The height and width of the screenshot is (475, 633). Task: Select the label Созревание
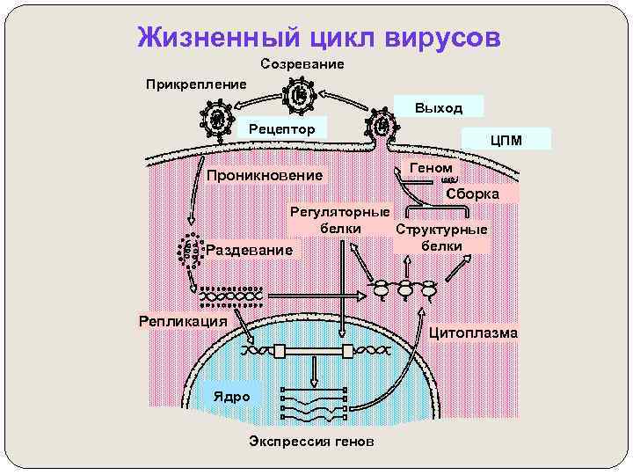(x=302, y=64)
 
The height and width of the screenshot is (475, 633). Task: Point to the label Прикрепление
(x=196, y=84)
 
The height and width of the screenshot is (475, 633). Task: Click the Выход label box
(x=439, y=107)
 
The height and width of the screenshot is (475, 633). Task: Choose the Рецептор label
(x=281, y=129)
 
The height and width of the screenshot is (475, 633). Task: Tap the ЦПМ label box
(x=508, y=139)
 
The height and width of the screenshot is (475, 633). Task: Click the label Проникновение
(x=264, y=175)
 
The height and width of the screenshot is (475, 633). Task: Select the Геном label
(x=432, y=167)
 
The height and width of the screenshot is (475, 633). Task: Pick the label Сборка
(x=472, y=194)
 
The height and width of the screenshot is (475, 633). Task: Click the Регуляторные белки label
(x=340, y=220)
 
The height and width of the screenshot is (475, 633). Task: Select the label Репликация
(x=184, y=320)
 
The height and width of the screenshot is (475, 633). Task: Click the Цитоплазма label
(x=474, y=332)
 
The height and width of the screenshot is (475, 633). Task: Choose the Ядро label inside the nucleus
(x=232, y=396)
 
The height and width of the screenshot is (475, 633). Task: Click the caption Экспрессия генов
(x=311, y=440)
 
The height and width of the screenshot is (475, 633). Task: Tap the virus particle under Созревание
(x=299, y=95)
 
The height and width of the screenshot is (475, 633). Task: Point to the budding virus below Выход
(x=381, y=126)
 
